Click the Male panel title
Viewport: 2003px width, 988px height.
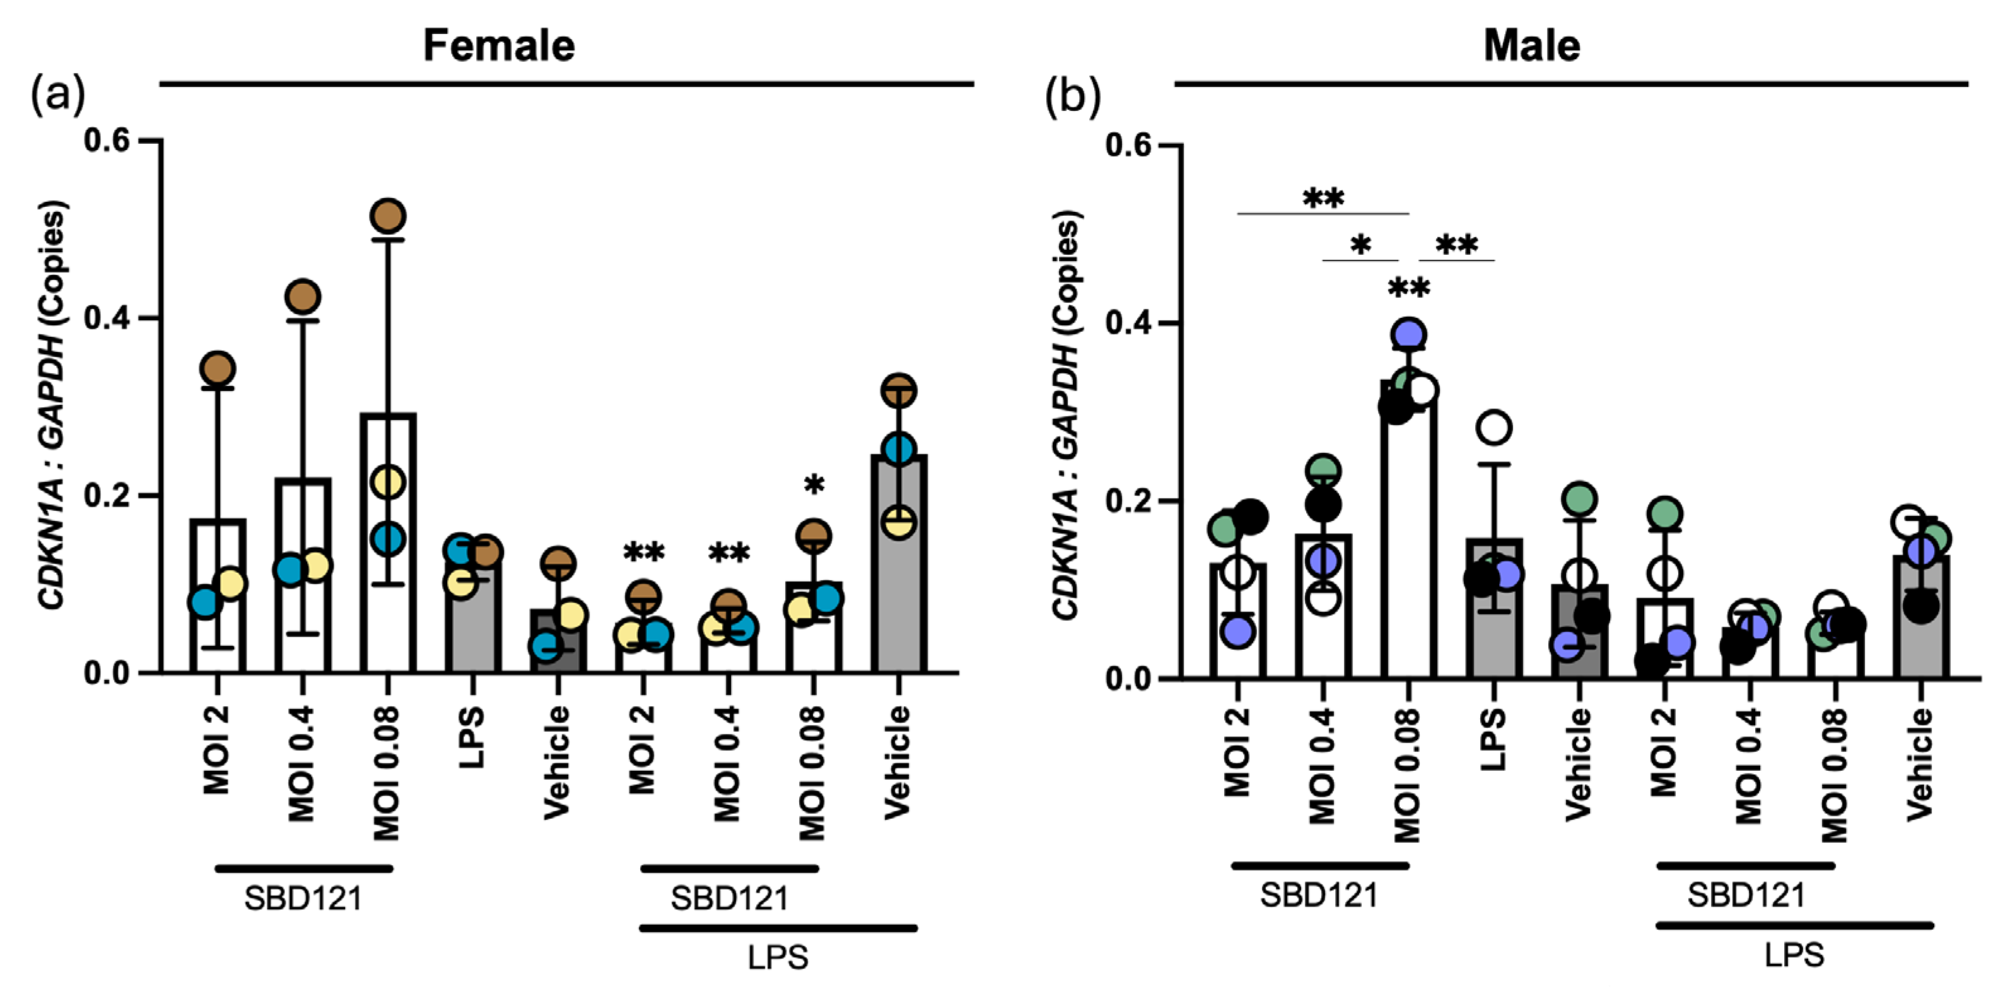(1532, 45)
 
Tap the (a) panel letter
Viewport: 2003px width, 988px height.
(57, 97)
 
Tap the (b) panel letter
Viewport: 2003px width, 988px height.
(1072, 97)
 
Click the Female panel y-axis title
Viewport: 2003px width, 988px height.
(52, 404)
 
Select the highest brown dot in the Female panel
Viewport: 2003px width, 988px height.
(388, 216)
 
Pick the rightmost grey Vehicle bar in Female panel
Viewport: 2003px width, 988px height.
(898, 564)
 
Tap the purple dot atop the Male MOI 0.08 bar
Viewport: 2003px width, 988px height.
(1409, 334)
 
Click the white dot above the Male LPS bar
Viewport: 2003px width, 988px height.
(1493, 427)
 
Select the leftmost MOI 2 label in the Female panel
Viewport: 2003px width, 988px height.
(217, 750)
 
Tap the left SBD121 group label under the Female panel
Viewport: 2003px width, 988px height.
(303, 898)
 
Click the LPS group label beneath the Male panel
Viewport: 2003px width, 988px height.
(1794, 955)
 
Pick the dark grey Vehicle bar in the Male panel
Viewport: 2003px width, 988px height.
(1579, 632)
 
